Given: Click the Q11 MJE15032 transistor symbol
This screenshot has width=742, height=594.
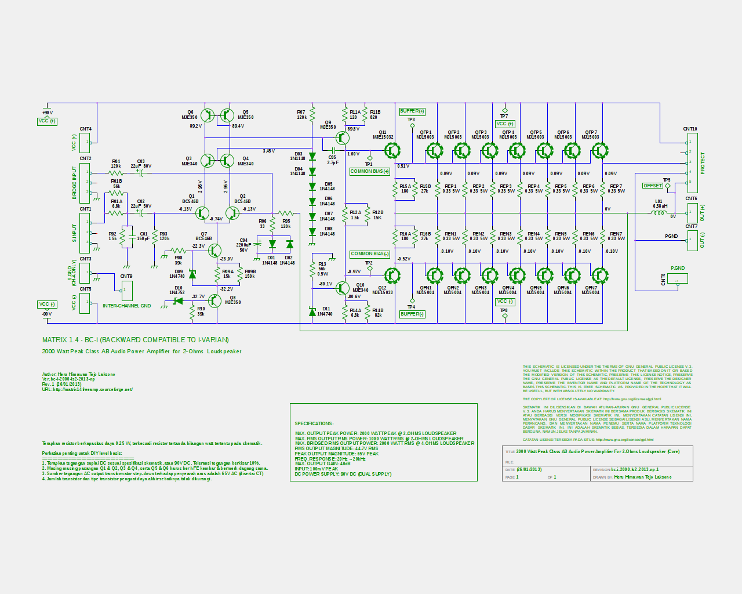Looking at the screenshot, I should pos(392,151).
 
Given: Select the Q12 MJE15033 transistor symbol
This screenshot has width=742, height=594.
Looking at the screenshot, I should pos(392,276).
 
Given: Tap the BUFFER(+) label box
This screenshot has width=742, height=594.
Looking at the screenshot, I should pos(412,111).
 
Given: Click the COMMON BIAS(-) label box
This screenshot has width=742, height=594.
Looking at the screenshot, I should pos(370,254).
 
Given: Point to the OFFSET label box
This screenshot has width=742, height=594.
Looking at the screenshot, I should pos(652,186).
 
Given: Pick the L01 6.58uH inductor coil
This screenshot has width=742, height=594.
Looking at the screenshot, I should pos(659,213).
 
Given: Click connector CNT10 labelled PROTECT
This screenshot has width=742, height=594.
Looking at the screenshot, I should pos(692,162).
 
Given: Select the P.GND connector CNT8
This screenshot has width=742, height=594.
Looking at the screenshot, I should pos(678,278).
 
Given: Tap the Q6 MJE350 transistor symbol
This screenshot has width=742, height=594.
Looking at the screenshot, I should pos(207,115).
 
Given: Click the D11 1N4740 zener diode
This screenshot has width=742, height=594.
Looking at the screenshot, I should pos(312,312).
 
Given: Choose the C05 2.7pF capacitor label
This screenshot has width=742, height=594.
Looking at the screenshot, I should pos(333,160).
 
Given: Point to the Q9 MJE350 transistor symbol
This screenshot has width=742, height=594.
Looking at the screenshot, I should pos(343,138).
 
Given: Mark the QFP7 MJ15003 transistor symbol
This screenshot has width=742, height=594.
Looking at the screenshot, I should pos(600,151).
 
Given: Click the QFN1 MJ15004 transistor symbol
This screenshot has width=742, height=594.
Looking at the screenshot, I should pos(434,276).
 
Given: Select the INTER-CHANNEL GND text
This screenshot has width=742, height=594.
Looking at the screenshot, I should pos(126,306).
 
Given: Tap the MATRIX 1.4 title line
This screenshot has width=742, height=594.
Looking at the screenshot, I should pos(135,340).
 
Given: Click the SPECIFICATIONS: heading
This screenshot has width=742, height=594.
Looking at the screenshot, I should pos(314,423).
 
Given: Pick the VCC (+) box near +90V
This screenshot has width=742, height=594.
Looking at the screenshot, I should pos(47,121).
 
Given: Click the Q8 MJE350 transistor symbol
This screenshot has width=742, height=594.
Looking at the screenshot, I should pos(214,300).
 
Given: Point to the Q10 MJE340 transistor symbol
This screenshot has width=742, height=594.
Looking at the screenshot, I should pos(343,288).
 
